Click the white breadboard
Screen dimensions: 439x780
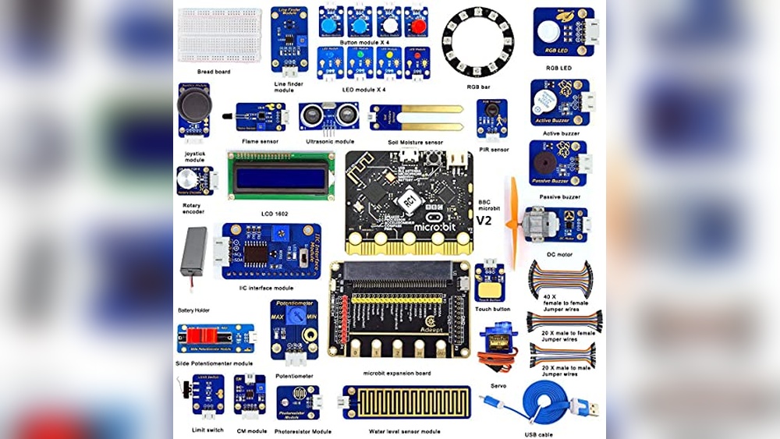pyautogui.click(x=219, y=35)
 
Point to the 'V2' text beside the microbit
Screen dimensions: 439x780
pyautogui.click(x=485, y=221)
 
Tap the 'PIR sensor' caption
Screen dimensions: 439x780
pyautogui.click(x=494, y=149)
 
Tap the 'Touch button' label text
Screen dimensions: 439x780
pyautogui.click(x=491, y=309)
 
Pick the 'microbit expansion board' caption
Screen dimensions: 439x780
pyautogui.click(x=396, y=374)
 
